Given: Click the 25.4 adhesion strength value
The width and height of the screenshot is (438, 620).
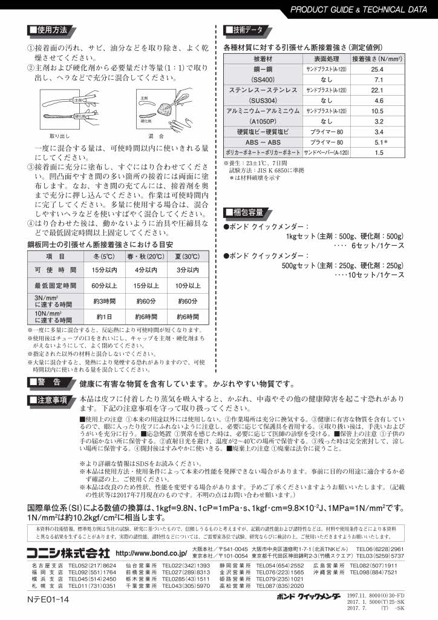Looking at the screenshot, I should pos(379,70).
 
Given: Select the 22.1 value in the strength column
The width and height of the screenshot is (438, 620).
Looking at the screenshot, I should pos(379,90).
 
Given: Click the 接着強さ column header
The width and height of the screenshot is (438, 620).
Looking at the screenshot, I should pos(379,59).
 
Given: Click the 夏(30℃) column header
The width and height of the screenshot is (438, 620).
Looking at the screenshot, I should pos(188,257).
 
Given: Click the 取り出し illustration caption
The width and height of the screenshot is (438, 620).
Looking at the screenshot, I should pos(59,136).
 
